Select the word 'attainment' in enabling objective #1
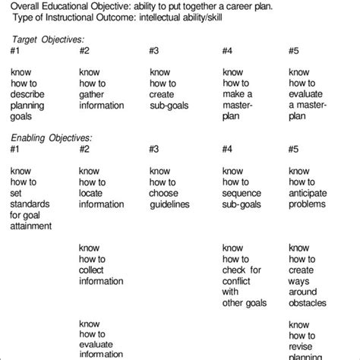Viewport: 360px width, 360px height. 32,226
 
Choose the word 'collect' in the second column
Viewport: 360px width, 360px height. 92,270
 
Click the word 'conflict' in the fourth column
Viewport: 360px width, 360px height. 236,282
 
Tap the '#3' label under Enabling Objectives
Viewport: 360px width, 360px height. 153,149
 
